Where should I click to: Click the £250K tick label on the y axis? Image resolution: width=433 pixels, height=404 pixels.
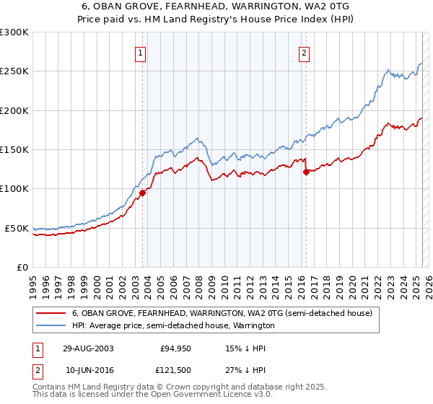click(14, 71)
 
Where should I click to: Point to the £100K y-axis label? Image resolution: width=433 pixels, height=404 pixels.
click(14, 189)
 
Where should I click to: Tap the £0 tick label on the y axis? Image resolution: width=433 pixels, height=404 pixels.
click(22, 267)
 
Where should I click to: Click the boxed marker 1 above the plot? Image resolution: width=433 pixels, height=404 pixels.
click(140, 52)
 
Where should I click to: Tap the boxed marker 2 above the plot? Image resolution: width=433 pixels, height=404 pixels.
click(305, 52)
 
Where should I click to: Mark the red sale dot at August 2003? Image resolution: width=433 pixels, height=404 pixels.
click(143, 193)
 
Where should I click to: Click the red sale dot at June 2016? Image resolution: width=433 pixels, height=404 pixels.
click(306, 172)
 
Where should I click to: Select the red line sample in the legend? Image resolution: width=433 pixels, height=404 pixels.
click(50, 314)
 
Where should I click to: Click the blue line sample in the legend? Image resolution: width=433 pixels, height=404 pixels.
click(50, 326)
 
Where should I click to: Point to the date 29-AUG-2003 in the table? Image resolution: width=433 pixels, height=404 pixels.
click(89, 348)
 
